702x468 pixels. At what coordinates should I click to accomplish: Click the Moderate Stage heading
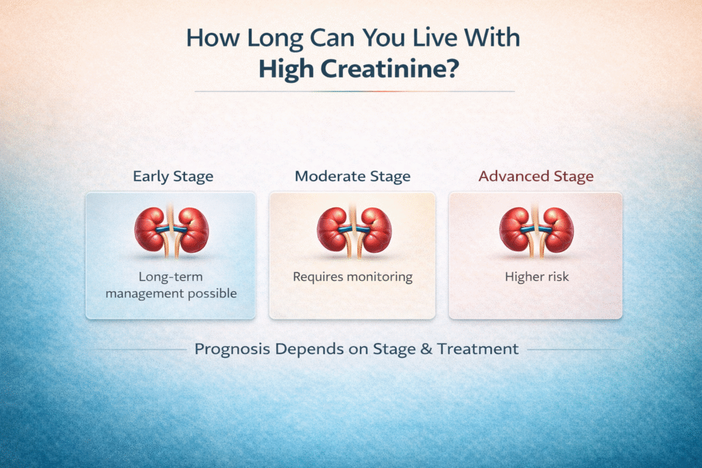(x=352, y=176)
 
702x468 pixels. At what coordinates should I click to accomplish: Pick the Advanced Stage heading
(x=536, y=176)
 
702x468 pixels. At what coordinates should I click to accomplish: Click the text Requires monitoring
(x=352, y=278)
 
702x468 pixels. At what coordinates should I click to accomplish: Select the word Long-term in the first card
(x=171, y=278)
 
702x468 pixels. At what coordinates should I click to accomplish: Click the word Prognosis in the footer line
(x=230, y=349)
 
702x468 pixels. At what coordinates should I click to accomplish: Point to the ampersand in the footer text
(x=425, y=349)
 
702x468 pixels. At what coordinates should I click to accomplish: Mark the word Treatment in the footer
(x=478, y=349)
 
